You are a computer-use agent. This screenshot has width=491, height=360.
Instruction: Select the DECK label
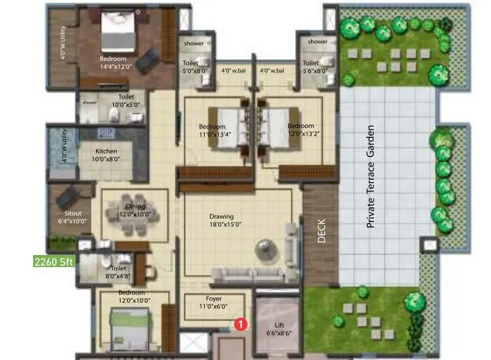[x=322, y=232]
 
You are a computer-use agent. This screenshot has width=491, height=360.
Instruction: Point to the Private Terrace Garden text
[x=371, y=176]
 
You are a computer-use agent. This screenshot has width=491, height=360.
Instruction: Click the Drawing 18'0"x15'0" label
[x=221, y=220]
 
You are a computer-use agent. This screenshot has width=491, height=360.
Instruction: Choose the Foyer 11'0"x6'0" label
[x=213, y=301]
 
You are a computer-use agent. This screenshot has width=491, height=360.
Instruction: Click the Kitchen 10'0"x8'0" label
[x=106, y=155]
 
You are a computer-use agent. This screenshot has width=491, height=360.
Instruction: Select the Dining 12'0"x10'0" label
[x=135, y=211]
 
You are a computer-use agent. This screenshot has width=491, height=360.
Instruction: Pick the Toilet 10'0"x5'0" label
[x=126, y=101]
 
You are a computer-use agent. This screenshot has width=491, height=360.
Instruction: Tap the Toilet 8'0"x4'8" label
[x=118, y=272]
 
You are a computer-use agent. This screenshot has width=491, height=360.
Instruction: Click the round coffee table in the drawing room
[x=263, y=247]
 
